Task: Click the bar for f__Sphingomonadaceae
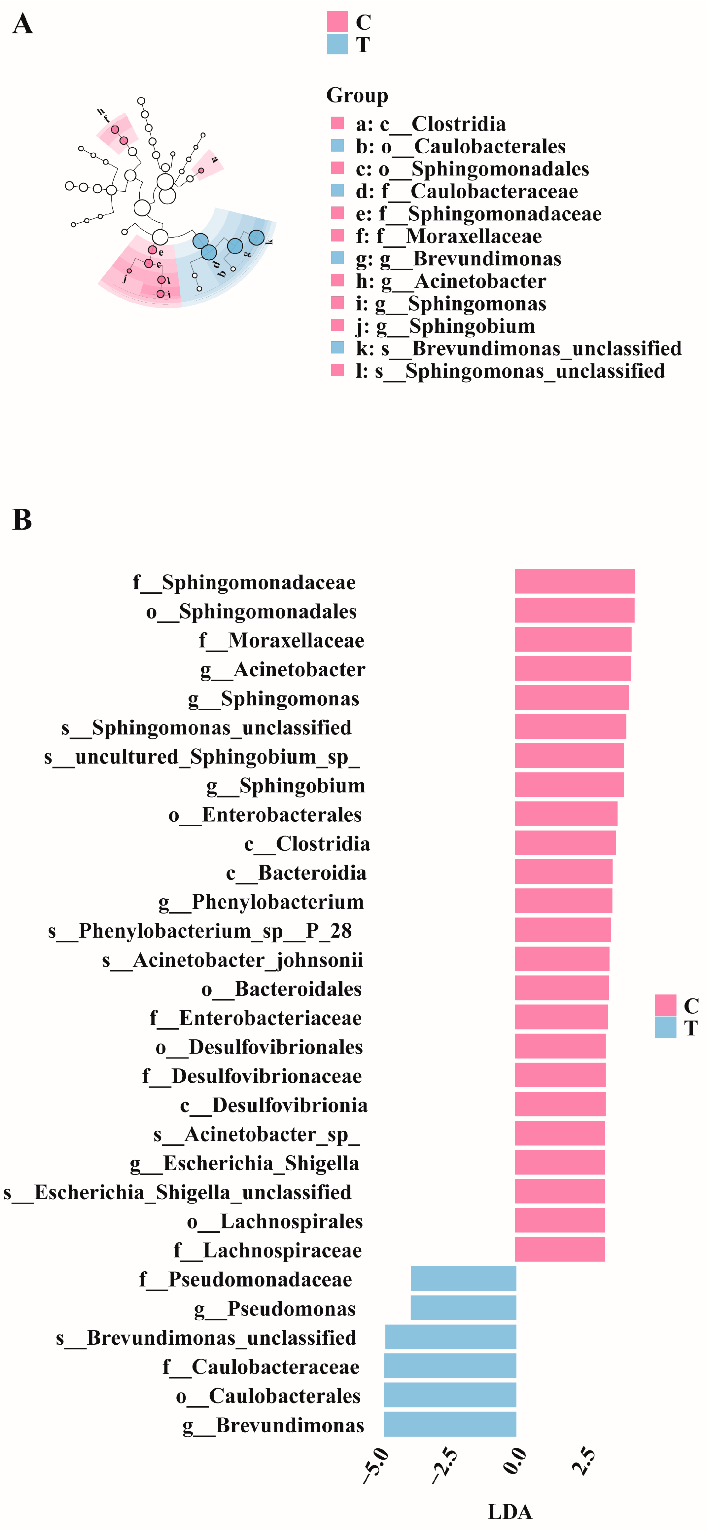click(x=574, y=581)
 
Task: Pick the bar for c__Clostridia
click(x=565, y=843)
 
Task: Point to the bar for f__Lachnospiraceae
click(x=559, y=1250)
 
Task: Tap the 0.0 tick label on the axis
click(x=515, y=1462)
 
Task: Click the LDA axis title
click(x=510, y=1511)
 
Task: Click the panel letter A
click(x=22, y=24)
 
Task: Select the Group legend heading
click(x=357, y=95)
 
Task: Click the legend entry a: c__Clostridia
click(x=431, y=124)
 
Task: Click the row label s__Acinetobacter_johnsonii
click(x=232, y=960)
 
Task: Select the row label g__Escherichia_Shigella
click(x=244, y=1163)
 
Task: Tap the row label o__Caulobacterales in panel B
click(x=268, y=1396)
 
